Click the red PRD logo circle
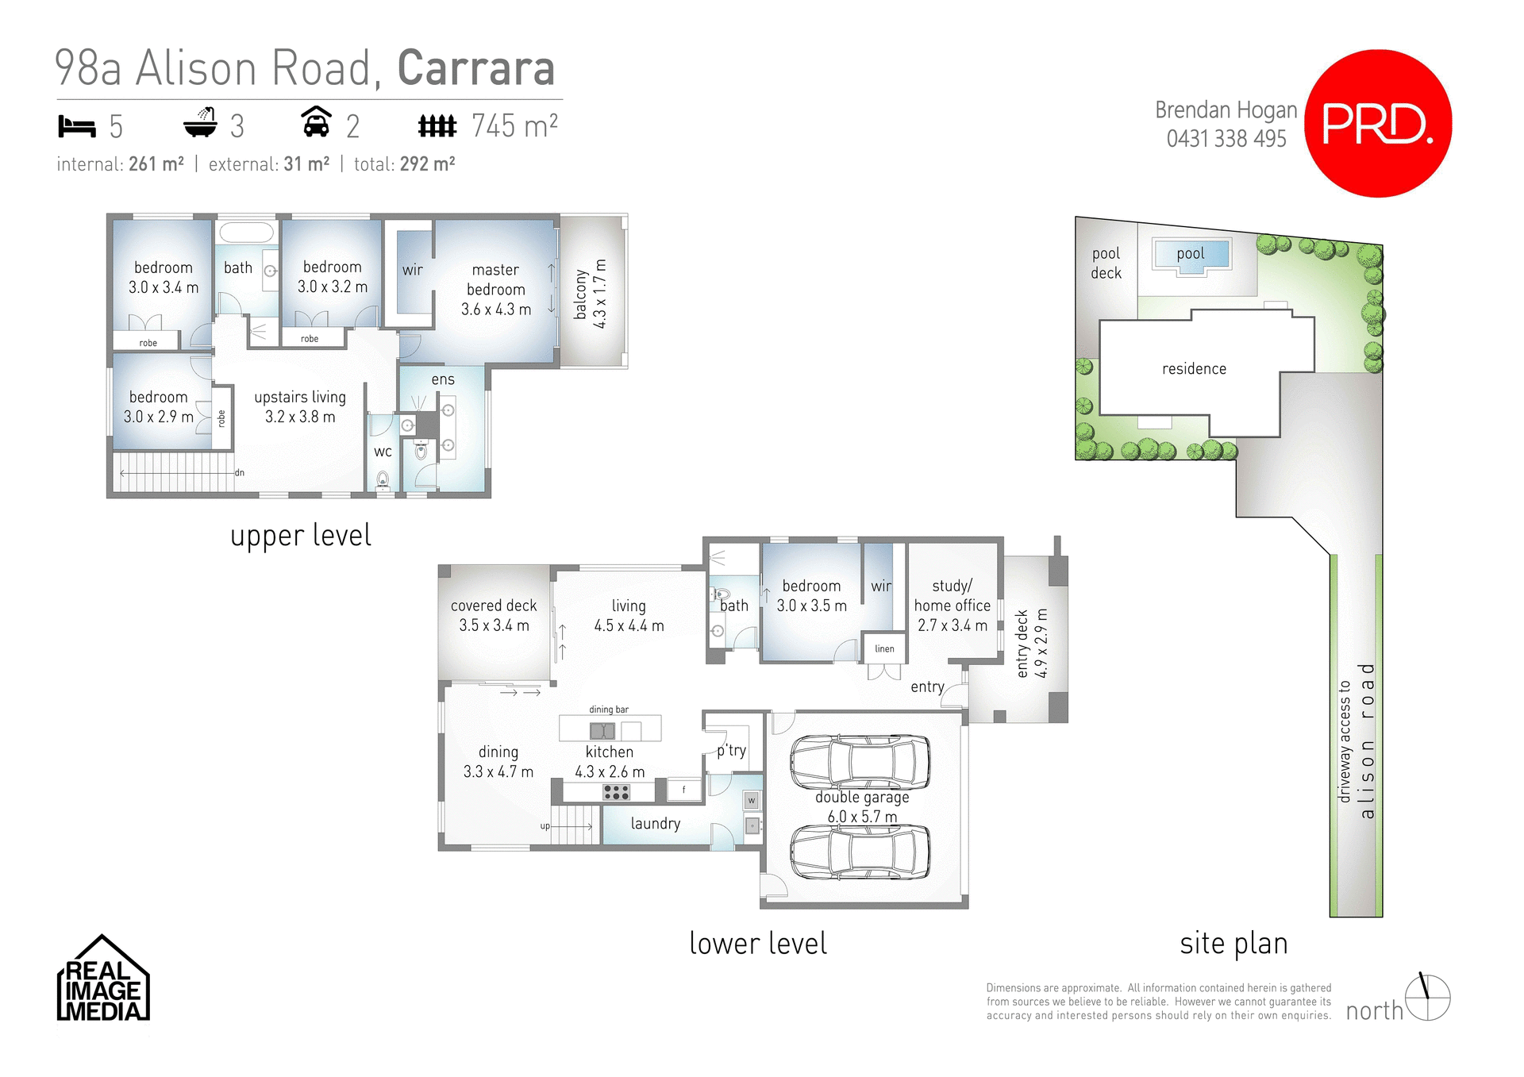click(1378, 124)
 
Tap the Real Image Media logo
click(103, 980)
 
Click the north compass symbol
click(1427, 998)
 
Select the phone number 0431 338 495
click(1226, 139)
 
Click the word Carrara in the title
click(475, 68)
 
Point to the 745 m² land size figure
click(514, 126)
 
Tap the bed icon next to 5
click(77, 126)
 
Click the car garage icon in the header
click(316, 123)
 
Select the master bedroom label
click(495, 290)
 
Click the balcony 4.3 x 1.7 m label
click(591, 294)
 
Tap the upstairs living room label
click(300, 406)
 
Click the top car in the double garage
click(860, 761)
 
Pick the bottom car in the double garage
click(860, 852)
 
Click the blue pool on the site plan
click(1191, 255)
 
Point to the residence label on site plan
click(1194, 369)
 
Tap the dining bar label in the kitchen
click(609, 710)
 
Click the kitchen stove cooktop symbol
click(616, 792)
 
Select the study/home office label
click(952, 606)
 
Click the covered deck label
click(494, 615)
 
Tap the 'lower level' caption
click(758, 944)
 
